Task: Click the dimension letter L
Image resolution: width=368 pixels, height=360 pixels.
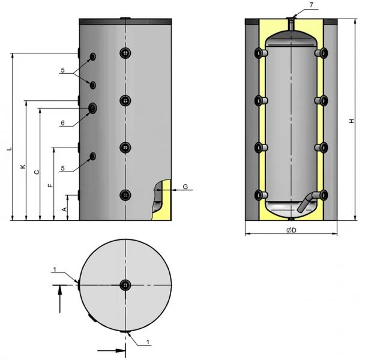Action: [8, 148]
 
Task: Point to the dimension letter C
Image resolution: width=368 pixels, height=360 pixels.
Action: [37, 172]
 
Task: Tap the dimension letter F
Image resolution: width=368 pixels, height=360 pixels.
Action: [50, 185]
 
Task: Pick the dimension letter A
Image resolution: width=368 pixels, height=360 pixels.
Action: [65, 208]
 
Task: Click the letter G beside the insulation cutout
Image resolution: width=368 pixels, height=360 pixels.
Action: [186, 187]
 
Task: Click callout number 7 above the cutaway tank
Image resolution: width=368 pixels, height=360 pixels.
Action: [311, 5]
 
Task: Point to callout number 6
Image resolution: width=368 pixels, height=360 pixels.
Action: [62, 123]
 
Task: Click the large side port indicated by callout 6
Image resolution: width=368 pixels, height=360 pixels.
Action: [94, 108]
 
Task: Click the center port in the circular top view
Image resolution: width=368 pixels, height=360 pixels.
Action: [125, 285]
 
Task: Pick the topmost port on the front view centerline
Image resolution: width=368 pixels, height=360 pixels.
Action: [125, 53]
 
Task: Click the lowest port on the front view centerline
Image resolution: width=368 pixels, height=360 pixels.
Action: [125, 194]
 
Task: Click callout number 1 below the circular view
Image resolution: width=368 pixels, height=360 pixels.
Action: [148, 343]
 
